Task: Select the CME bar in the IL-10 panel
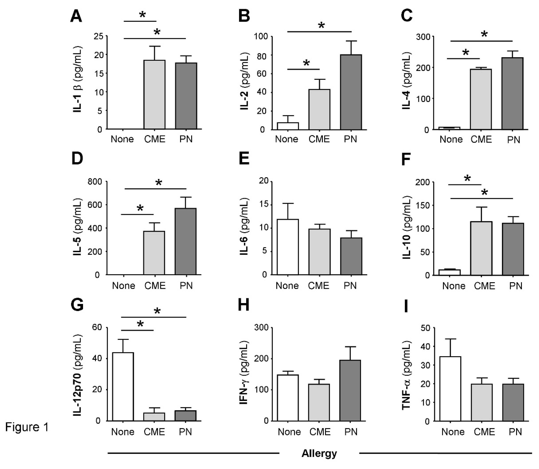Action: (481, 248)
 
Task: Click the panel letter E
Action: (244, 159)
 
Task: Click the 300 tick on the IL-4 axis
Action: (423, 37)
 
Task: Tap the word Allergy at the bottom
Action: (319, 453)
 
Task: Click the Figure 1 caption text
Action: (27, 427)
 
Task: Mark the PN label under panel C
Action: (513, 140)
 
